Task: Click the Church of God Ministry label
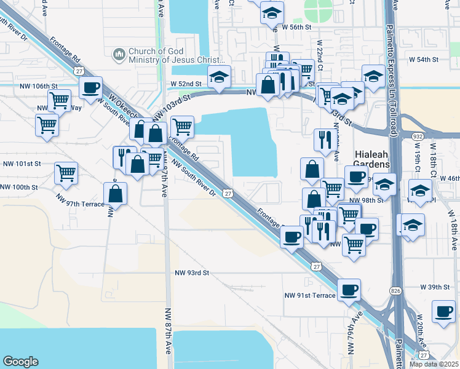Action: pyautogui.click(x=168, y=55)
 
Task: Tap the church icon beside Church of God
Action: pyautogui.click(x=119, y=55)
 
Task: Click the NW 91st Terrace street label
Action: pyautogui.click(x=310, y=295)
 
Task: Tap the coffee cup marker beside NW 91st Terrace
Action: pyautogui.click(x=349, y=289)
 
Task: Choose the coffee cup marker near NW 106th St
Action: pyautogui.click(x=90, y=88)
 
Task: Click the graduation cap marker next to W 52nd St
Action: pyautogui.click(x=219, y=77)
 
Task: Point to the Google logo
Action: pyautogui.click(x=21, y=361)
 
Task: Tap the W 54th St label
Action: pyautogui.click(x=418, y=60)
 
